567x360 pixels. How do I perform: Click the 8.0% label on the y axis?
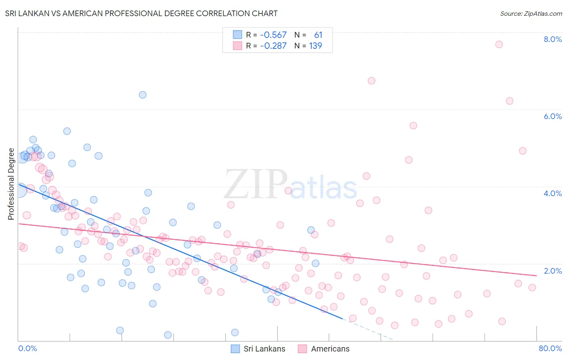pyautogui.click(x=552, y=39)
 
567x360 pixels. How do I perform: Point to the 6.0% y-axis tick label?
pyautogui.click(x=552, y=116)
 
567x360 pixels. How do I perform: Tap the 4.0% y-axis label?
pyautogui.click(x=552, y=193)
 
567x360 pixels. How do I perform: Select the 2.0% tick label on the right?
pyautogui.click(x=552, y=271)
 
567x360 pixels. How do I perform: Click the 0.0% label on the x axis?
pyautogui.click(x=27, y=348)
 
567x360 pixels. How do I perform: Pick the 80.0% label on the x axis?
pyautogui.click(x=550, y=348)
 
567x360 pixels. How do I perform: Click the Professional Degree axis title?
pyautogui.click(x=11, y=184)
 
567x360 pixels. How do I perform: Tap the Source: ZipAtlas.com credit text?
pyautogui.click(x=531, y=13)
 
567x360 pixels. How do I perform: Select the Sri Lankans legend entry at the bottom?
pyautogui.click(x=258, y=349)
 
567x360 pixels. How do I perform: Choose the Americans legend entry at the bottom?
pyautogui.click(x=324, y=349)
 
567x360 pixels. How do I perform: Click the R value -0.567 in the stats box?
pyautogui.click(x=273, y=35)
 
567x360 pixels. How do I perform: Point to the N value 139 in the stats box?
pyautogui.click(x=315, y=46)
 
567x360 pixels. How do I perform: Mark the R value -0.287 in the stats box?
pyautogui.click(x=273, y=46)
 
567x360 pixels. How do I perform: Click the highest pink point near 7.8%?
pyautogui.click(x=499, y=44)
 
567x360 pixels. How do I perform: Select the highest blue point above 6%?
pyautogui.click(x=142, y=95)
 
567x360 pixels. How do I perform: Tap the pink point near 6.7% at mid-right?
pyautogui.click(x=371, y=81)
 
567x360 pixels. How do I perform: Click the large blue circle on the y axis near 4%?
pyautogui.click(x=19, y=190)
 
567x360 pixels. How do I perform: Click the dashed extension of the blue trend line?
pyautogui.click(x=367, y=329)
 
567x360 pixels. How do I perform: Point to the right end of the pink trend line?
pyautogui.click(x=536, y=276)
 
